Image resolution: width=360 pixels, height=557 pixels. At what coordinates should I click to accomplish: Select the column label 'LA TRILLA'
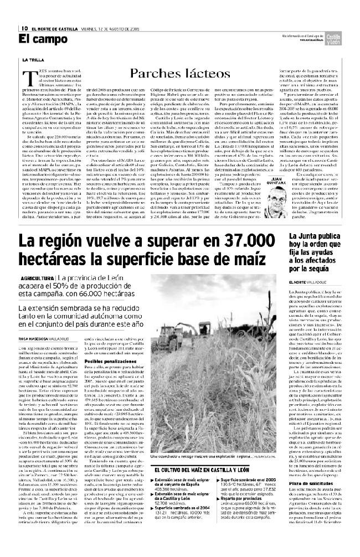pos(32,59)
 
